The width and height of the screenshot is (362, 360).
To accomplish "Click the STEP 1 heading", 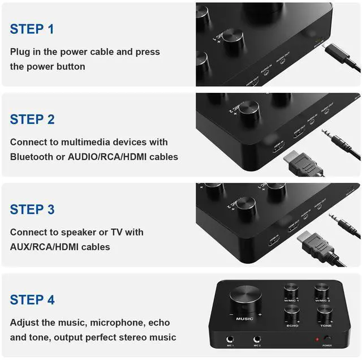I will click(x=32, y=29).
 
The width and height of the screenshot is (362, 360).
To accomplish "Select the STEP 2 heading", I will click(x=32, y=119).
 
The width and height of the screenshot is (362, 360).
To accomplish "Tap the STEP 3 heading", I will click(x=32, y=209).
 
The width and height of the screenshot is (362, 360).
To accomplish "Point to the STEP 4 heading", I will click(x=32, y=300).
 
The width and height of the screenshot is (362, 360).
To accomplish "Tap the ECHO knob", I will click(x=292, y=314).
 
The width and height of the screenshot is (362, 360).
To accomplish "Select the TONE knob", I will click(x=325, y=314).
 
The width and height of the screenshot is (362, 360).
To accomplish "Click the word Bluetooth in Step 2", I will click(x=32, y=156).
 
